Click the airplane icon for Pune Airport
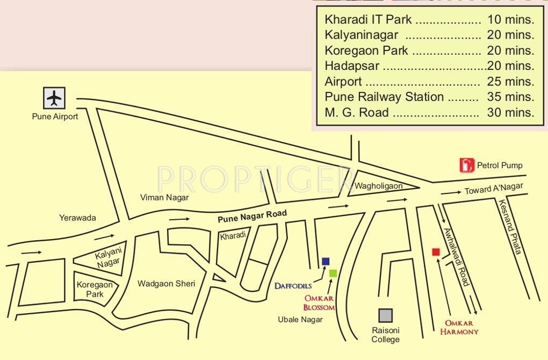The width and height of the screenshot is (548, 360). click(54, 98)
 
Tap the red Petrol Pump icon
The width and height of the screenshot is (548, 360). click(466, 165)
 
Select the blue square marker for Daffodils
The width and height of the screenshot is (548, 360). click(325, 262)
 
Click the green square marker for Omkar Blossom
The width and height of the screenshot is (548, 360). click(333, 273)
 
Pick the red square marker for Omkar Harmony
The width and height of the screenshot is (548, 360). click(436, 252)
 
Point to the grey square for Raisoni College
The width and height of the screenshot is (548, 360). click(385, 315)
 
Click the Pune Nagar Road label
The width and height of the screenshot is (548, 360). click(252, 217)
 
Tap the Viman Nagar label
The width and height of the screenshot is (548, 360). click(164, 198)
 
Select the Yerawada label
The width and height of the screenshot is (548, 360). click(77, 218)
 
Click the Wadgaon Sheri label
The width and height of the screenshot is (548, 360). click(166, 284)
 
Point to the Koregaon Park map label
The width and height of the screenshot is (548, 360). click(95, 289)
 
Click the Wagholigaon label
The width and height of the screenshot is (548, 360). click(378, 186)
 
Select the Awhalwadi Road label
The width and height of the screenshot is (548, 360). click(457, 256)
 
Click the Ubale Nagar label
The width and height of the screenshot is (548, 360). click(300, 320)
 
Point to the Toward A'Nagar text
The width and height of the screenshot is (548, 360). click(493, 189)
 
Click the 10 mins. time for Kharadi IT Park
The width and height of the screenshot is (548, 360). click(510, 20)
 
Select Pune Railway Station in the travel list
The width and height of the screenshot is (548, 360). click(384, 97)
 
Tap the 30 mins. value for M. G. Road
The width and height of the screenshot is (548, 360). click(510, 113)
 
